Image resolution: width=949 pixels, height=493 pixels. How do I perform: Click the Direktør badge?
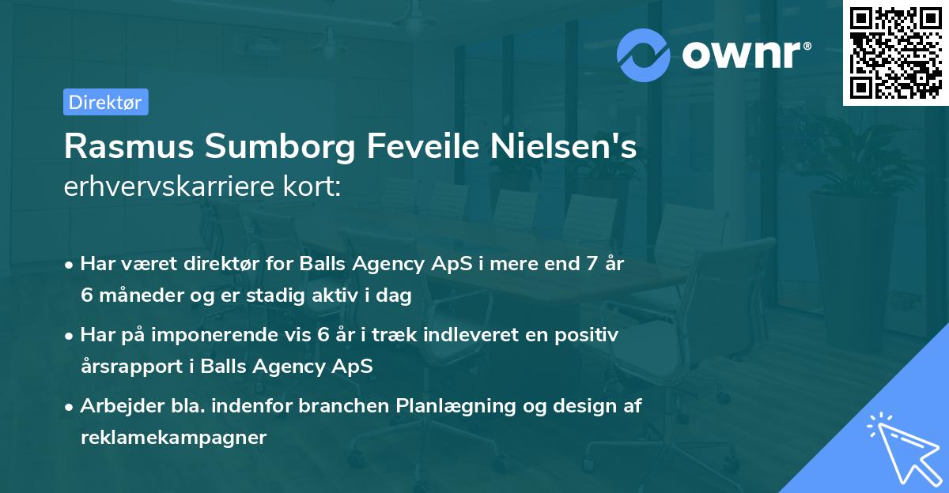[105, 102]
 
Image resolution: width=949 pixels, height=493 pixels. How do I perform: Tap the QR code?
[894, 52]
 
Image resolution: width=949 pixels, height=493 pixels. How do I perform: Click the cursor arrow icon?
[902, 448]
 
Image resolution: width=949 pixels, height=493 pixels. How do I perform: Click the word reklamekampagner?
[173, 438]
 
